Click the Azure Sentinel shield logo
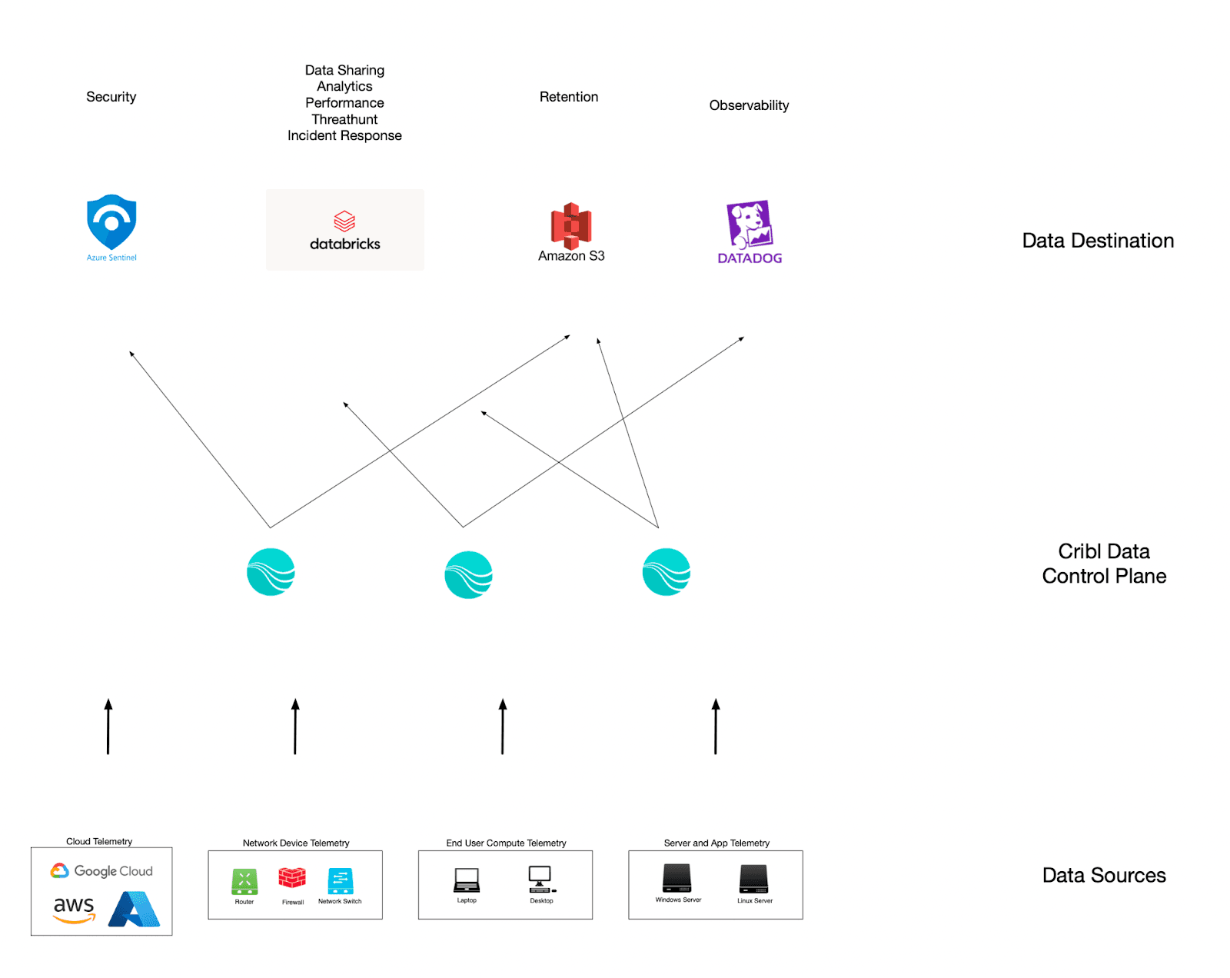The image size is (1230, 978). [111, 221]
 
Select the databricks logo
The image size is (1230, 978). [344, 230]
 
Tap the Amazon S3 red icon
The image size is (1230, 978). [570, 225]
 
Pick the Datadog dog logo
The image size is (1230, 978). [749, 225]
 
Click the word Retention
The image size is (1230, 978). [568, 97]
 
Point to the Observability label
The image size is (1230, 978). [749, 105]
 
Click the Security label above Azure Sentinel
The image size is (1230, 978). [111, 97]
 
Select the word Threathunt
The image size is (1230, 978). [344, 119]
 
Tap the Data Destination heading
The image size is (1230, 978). [1098, 241]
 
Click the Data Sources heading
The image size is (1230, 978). [1104, 875]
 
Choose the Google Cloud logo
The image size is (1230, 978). [101, 871]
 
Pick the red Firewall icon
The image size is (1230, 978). [292, 878]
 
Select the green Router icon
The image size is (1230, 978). [244, 881]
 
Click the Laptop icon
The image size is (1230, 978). [467, 880]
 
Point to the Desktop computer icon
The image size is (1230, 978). [540, 879]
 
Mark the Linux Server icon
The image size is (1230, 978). [753, 879]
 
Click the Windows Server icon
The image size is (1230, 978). [677, 878]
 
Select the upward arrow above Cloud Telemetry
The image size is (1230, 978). [108, 727]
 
